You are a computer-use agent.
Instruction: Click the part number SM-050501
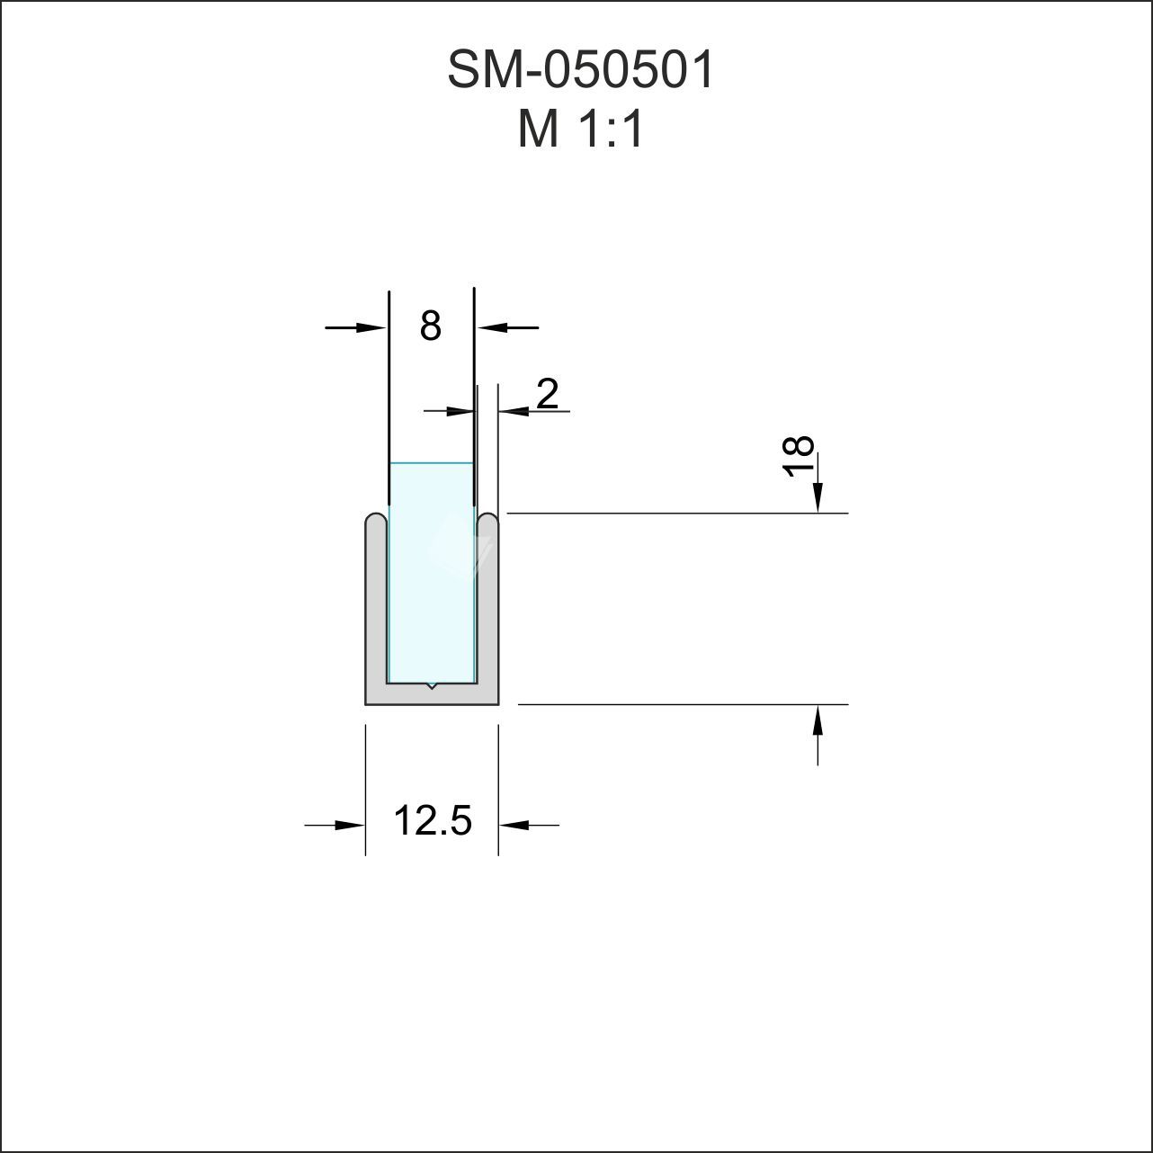(x=580, y=70)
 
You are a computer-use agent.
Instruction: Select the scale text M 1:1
(x=581, y=130)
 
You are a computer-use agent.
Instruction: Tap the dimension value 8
(x=430, y=326)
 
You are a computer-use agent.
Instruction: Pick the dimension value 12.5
(x=432, y=820)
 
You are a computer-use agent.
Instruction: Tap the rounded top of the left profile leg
(x=376, y=521)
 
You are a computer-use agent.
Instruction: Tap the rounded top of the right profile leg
(x=487, y=521)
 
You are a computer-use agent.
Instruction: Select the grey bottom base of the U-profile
(x=432, y=694)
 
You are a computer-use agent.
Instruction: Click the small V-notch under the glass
(x=432, y=686)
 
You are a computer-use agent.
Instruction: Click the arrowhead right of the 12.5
(x=514, y=824)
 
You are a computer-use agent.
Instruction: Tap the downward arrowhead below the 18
(x=818, y=498)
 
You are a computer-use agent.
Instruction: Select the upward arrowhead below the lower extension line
(x=818, y=720)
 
